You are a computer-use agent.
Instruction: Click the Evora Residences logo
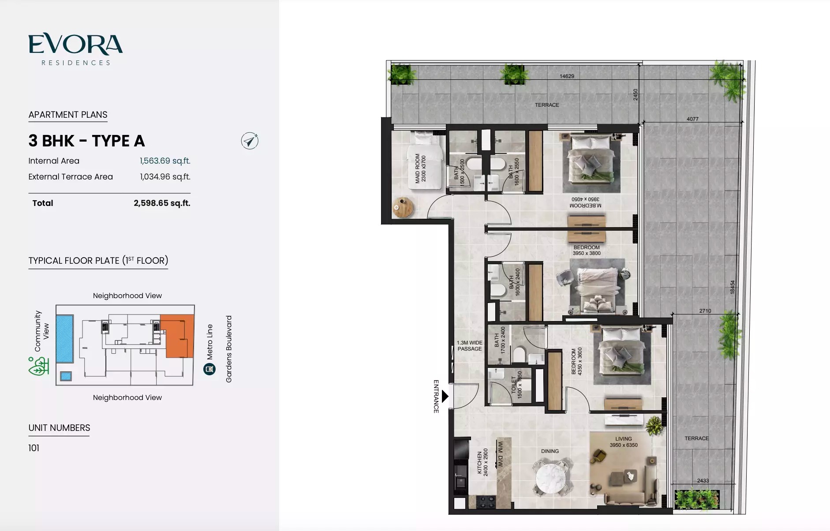coord(75,49)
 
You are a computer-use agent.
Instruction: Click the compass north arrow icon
coord(250,141)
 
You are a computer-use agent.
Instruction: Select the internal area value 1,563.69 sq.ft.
coord(165,161)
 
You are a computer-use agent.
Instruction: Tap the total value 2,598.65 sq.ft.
coord(162,203)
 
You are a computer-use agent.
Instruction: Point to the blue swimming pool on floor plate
coord(65,338)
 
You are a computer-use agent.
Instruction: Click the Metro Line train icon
coord(209,369)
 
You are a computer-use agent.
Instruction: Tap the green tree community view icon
coord(39,366)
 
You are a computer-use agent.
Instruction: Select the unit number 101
coord(34,448)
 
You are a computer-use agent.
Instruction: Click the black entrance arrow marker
coord(445,396)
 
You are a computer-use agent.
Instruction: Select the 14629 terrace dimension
coord(567,76)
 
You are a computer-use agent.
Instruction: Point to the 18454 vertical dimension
coord(732,287)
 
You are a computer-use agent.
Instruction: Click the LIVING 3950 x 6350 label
coord(624,442)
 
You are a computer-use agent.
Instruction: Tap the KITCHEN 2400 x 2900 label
coord(482,462)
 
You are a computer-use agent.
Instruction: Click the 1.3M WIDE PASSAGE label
coord(470,346)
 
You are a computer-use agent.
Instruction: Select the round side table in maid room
coord(403,207)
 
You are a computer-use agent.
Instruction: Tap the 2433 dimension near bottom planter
coord(703,481)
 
